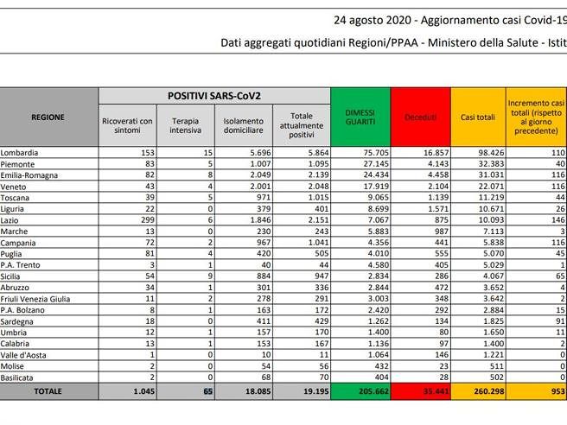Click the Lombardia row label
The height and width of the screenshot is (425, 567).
tap(22, 151)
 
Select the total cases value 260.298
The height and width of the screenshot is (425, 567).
tap(484, 391)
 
